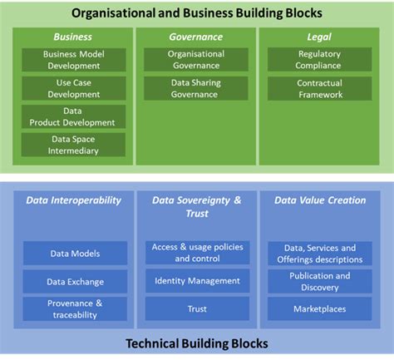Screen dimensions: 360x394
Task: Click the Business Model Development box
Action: (73, 59)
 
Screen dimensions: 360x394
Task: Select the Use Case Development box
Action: (73, 88)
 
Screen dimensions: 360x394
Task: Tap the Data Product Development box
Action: (73, 116)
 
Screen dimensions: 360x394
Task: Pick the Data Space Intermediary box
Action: (73, 145)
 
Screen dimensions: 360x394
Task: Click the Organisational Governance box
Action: (196, 59)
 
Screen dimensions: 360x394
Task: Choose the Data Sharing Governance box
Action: (196, 88)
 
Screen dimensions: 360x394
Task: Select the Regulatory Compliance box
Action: (320, 59)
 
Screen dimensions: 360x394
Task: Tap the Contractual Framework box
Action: (320, 88)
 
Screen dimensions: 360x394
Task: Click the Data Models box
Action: (75, 254)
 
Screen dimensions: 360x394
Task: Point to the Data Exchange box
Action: (75, 282)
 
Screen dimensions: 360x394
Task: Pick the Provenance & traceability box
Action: (75, 309)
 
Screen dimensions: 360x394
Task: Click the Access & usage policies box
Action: (197, 253)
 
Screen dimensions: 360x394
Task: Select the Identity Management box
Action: (197, 281)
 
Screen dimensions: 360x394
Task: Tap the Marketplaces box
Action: (319, 309)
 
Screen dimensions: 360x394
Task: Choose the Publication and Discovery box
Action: (319, 281)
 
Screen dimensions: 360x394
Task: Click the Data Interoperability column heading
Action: (73, 200)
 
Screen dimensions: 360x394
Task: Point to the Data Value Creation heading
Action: (319, 200)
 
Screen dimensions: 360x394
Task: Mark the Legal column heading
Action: (320, 37)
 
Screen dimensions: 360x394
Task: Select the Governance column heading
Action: (196, 37)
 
